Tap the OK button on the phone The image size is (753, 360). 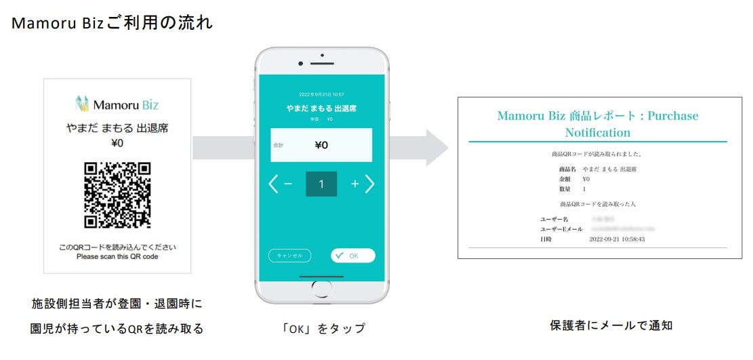click(352, 256)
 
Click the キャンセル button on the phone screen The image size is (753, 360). click(289, 256)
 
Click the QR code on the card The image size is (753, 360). click(117, 195)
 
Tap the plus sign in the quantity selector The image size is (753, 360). click(354, 184)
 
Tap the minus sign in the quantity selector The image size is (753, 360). click(287, 184)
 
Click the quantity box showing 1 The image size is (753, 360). click(321, 184)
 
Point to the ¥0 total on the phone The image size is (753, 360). click(321, 144)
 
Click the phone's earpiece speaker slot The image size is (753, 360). click(321, 63)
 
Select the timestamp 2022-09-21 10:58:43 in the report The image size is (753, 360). click(617, 239)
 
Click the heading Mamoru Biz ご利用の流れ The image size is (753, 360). click(113, 23)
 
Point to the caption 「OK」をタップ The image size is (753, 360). click(323, 329)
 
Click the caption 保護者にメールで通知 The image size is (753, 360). click(611, 325)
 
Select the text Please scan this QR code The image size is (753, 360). click(117, 257)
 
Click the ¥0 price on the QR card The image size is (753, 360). click(117, 143)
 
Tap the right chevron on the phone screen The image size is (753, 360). click(370, 184)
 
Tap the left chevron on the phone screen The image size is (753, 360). click(273, 184)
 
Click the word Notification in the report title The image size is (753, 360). click(597, 133)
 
